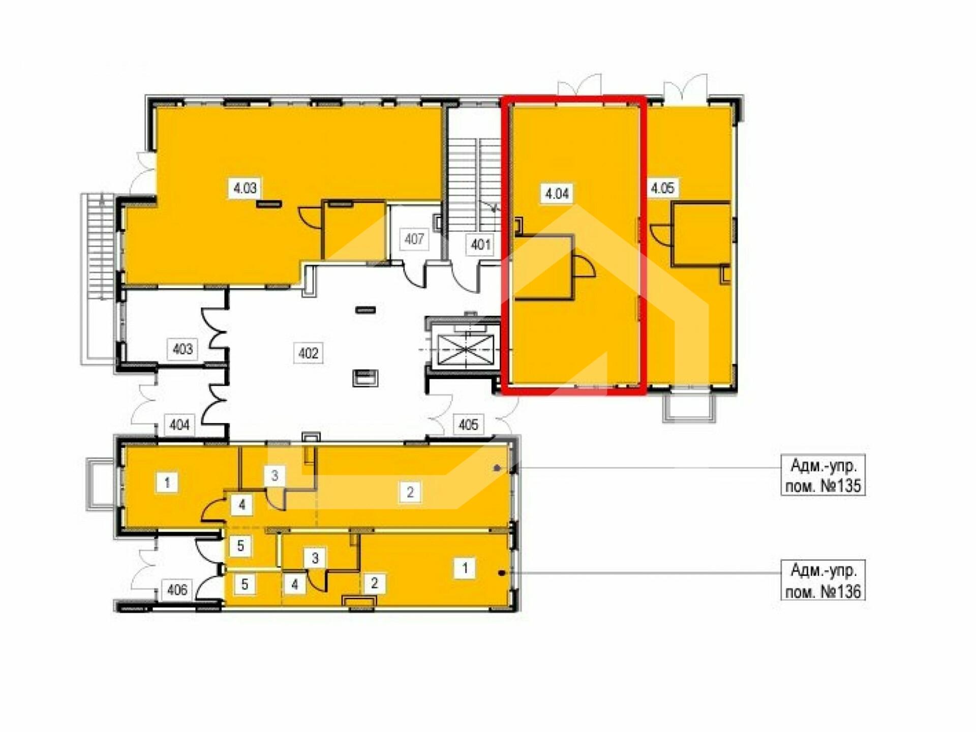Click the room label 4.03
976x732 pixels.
point(245,189)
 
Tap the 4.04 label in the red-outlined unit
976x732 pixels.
point(557,193)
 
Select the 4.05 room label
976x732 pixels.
point(662,188)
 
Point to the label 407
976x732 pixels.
point(414,238)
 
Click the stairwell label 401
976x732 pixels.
point(480,245)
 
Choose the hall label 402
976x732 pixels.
point(308,353)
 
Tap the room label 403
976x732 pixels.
point(182,349)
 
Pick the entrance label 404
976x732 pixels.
point(179,424)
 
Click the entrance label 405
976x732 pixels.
point(468,424)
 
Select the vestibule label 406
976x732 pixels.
point(177,590)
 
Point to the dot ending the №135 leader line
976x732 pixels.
point(497,468)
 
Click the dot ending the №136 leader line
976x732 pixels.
point(502,573)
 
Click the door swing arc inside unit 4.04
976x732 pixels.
point(585,265)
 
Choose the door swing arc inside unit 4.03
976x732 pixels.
point(311,217)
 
